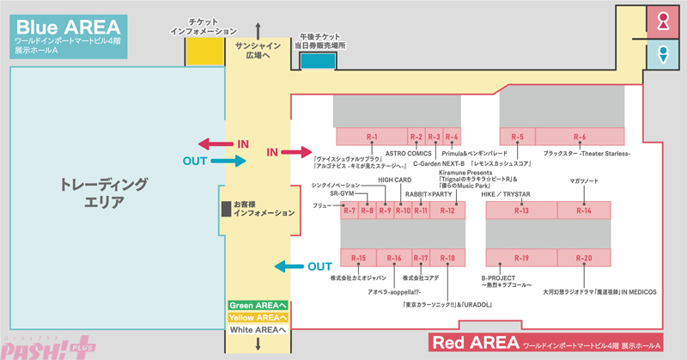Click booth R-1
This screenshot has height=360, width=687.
371,137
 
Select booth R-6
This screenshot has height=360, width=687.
580,137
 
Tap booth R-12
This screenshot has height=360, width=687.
447,211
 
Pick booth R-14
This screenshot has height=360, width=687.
584,211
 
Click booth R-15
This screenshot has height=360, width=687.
358,258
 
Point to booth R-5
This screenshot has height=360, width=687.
518,137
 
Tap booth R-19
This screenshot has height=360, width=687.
521,258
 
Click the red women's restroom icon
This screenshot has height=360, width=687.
662,24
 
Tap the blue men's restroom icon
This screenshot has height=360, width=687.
662,55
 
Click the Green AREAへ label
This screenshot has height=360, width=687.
257,305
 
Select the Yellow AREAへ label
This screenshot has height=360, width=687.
257,317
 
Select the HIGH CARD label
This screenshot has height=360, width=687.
396,180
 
